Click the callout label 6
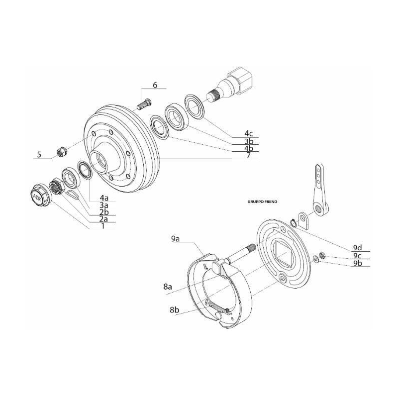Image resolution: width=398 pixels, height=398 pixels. (155, 85)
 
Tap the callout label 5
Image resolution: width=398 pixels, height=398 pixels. (39, 155)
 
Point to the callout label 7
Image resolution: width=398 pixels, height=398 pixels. (248, 155)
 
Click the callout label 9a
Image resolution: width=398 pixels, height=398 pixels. (175, 239)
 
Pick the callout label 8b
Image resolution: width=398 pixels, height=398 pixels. (174, 309)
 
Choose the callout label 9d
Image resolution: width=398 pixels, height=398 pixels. (357, 247)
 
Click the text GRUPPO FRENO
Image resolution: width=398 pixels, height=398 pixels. (262, 202)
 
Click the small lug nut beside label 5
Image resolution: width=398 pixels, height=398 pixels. (62, 151)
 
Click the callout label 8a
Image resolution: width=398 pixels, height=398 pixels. (168, 287)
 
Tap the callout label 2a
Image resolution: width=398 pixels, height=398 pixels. (103, 218)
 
